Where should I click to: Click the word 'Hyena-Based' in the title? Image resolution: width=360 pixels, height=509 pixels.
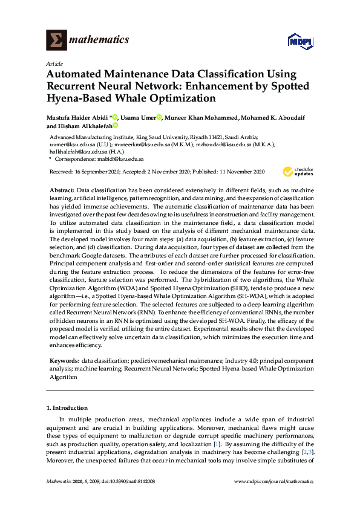[x=76, y=98]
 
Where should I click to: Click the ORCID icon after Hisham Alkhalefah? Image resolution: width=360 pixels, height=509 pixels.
[x=114, y=126]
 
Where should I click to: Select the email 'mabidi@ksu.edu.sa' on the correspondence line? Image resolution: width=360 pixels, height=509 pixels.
[x=122, y=159]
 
